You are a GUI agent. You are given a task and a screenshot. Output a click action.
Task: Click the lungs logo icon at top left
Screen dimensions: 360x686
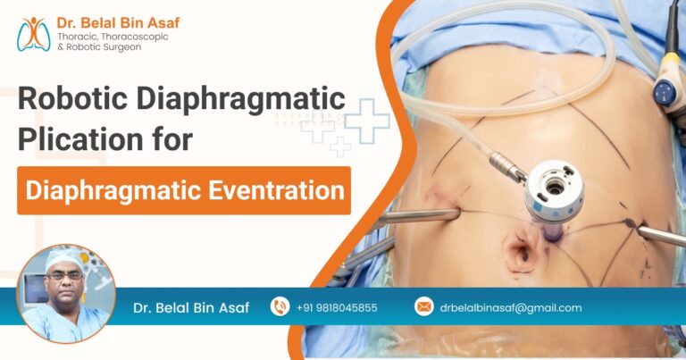34,33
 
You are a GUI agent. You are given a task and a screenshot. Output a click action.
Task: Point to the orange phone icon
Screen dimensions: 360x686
280,307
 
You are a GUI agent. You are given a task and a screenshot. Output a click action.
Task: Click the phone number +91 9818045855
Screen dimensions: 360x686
337,308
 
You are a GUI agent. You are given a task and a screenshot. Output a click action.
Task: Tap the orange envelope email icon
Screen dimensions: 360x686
423,307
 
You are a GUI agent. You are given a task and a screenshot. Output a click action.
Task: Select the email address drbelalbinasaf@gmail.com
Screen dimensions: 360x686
510,308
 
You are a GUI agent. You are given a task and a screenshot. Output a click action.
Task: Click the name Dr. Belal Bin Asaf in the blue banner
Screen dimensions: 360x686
191,308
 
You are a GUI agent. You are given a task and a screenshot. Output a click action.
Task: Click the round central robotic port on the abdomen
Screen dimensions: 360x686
554,188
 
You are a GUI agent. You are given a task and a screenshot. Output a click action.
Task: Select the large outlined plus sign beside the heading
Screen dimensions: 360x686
367,121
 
